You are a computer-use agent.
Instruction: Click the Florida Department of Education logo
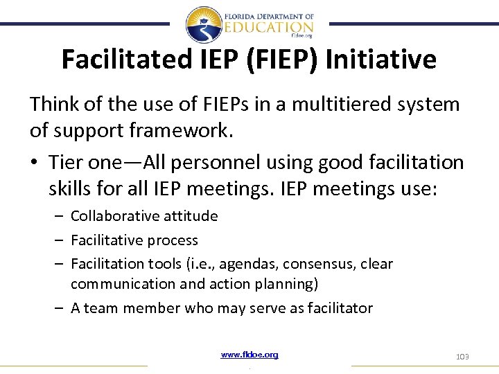[249, 24]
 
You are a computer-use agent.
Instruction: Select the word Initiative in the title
[381, 60]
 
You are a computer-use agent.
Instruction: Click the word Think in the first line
[55, 104]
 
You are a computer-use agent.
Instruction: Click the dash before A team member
[61, 308]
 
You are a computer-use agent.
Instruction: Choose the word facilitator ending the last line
[338, 308]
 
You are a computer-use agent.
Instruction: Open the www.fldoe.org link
[249, 355]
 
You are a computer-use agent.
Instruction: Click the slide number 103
[462, 356]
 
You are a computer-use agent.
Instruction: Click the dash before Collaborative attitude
[61, 216]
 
